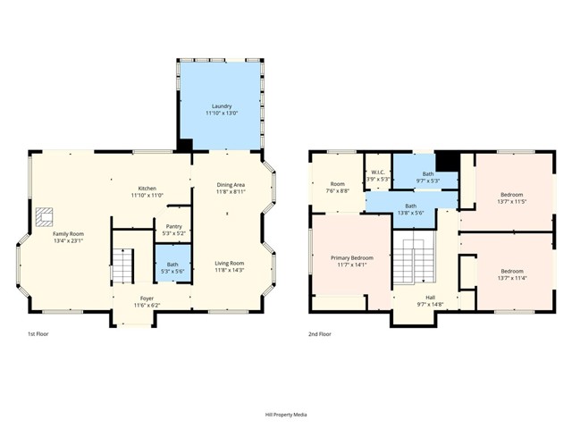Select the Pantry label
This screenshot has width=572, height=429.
click(174, 227)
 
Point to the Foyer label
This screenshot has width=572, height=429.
click(147, 299)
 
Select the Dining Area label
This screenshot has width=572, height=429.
click(231, 185)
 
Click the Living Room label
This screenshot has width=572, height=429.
click(229, 263)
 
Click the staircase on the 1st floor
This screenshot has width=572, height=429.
click(122, 264)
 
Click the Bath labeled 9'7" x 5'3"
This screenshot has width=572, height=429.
click(428, 174)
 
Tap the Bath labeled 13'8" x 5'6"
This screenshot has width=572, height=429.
click(410, 206)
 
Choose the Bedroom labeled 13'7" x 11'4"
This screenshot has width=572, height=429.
click(511, 271)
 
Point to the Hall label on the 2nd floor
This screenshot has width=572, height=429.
click(430, 299)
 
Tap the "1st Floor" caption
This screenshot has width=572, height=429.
click(38, 333)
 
